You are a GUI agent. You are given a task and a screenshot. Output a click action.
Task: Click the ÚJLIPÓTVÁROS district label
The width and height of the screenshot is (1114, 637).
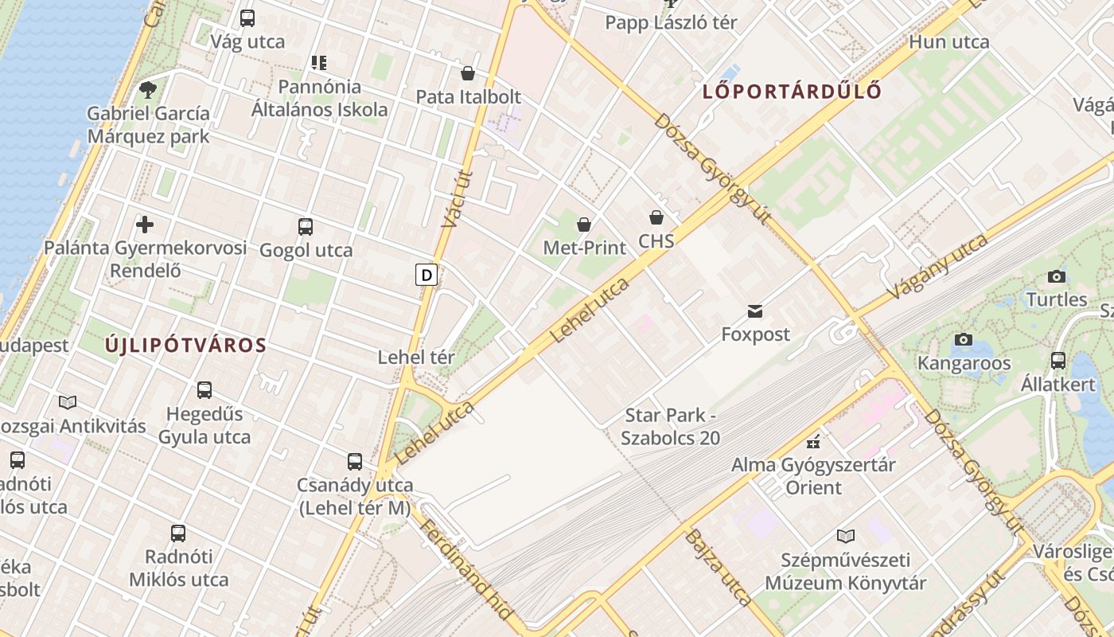coord(185,346)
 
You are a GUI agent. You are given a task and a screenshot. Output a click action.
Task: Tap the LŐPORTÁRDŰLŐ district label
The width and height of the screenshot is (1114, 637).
coord(792,92)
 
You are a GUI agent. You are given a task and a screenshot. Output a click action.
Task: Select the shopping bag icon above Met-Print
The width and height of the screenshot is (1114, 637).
coord(584,225)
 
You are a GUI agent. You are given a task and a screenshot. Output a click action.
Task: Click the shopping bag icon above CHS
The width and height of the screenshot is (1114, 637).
coord(656,217)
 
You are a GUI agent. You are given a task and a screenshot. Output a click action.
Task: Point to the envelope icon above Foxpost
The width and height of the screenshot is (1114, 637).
coord(754,311)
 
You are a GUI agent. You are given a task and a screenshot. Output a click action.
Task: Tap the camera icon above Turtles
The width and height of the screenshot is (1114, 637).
coord(1057,277)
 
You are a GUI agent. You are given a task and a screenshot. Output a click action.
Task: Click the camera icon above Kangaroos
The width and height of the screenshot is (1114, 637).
coord(964,340)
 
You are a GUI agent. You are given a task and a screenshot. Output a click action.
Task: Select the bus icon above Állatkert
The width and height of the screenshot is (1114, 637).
coord(1058,360)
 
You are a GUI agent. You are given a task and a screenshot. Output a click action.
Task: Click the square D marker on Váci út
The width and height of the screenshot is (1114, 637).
coord(427,276)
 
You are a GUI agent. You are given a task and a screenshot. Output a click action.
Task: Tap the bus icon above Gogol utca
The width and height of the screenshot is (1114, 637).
coord(306,227)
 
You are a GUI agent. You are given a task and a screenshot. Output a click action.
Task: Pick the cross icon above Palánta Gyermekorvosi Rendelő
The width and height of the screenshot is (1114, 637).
coord(145,225)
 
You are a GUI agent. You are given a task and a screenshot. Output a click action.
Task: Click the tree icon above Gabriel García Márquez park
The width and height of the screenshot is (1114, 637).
coord(147,89)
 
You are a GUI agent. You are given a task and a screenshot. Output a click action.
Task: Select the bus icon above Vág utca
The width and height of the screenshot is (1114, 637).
coord(247,18)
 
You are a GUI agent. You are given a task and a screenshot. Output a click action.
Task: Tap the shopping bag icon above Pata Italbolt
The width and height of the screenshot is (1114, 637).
coord(468,73)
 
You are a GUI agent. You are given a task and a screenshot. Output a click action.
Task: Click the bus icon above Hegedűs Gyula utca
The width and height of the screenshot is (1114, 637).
coord(204,390)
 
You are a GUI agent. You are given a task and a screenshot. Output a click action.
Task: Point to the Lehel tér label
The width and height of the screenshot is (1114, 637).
coord(416,358)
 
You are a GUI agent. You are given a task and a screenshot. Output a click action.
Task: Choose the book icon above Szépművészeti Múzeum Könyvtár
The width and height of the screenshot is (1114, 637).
coord(846,536)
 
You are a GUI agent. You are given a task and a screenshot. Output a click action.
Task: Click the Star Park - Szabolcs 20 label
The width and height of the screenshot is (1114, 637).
coord(672,426)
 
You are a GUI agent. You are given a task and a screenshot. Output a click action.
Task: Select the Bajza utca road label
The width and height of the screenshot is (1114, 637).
coord(717,567)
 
